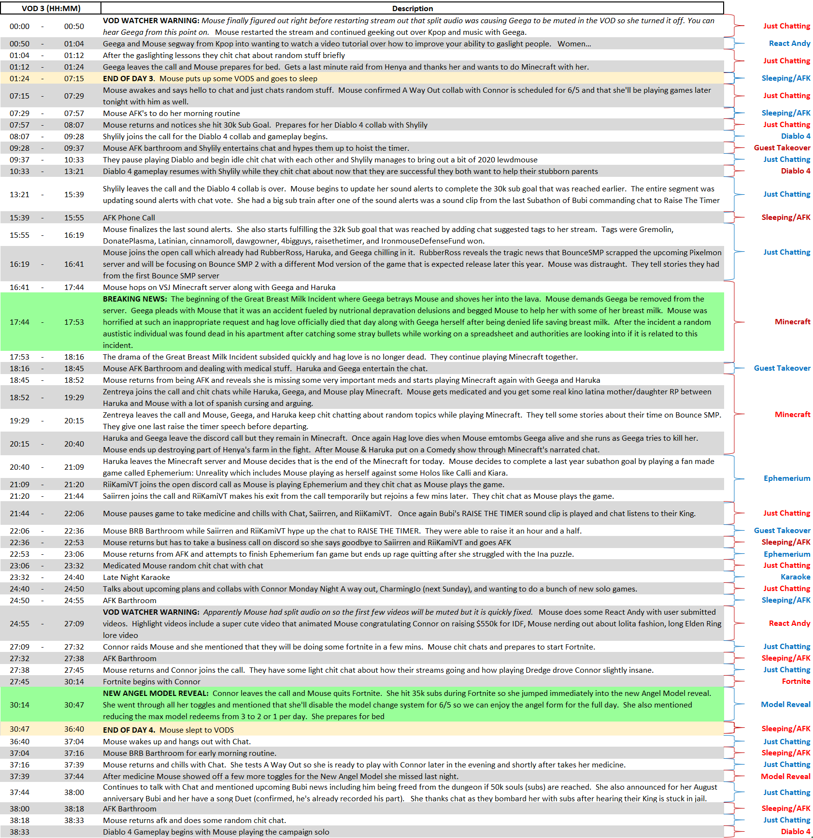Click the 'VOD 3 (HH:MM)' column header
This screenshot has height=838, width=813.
point(51,8)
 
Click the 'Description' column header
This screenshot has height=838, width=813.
point(412,8)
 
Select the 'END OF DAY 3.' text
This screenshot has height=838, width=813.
point(128,78)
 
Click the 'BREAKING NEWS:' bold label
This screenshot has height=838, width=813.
point(135,299)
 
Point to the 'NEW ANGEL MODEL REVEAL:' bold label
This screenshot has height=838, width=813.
point(156,693)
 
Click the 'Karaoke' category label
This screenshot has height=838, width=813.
point(795,577)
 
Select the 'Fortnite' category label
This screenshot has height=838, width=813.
point(796,681)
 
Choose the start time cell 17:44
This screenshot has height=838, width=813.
point(19,322)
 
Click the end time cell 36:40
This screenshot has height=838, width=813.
point(74,729)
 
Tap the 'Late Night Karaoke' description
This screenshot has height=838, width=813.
point(136,577)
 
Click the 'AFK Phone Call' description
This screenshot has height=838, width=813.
point(128,217)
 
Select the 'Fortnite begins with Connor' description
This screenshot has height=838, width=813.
point(151,681)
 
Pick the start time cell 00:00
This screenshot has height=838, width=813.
point(19,26)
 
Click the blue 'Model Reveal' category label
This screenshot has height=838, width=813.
point(785,704)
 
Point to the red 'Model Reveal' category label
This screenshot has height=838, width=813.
point(785,776)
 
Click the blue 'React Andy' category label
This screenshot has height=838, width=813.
point(789,43)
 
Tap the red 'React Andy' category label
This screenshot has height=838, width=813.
point(789,623)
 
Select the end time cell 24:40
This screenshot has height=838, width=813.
point(74,577)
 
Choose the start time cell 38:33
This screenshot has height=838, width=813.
point(19,832)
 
